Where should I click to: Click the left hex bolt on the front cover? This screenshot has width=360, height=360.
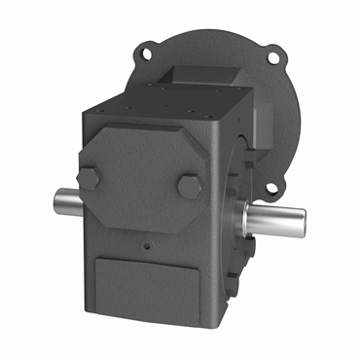click(x=90, y=178)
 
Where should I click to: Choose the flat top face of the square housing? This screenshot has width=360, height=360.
click(x=165, y=102)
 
